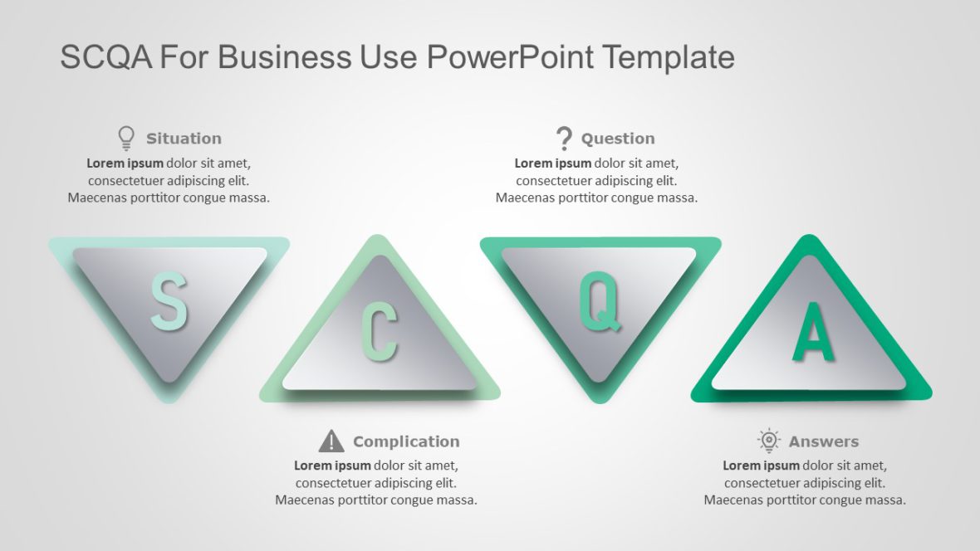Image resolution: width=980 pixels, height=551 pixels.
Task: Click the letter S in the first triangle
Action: (x=169, y=302)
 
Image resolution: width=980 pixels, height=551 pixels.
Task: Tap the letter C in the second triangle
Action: (x=379, y=333)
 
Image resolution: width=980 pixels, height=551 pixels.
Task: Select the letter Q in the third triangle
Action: (x=600, y=303)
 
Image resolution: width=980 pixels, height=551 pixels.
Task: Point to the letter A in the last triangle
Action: (x=813, y=332)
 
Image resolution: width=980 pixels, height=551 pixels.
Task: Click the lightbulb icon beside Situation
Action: (x=126, y=138)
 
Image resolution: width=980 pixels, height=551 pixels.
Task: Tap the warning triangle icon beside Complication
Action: (x=331, y=441)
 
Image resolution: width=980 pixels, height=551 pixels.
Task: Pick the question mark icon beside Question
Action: (x=564, y=138)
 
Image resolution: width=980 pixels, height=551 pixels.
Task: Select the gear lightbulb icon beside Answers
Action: (x=769, y=441)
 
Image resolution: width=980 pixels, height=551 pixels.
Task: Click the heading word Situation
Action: (x=184, y=139)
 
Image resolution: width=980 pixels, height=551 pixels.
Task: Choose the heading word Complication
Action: (x=406, y=441)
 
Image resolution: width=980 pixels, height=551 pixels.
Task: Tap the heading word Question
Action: (x=618, y=139)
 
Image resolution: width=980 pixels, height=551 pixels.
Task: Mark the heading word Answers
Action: (x=824, y=441)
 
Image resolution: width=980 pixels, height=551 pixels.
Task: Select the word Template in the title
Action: (x=669, y=57)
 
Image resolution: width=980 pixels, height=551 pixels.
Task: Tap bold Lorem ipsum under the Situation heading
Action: (x=125, y=163)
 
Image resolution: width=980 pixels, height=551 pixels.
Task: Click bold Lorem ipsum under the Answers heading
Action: (x=761, y=466)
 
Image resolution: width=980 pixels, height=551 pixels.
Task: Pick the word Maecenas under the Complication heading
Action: (x=305, y=500)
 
